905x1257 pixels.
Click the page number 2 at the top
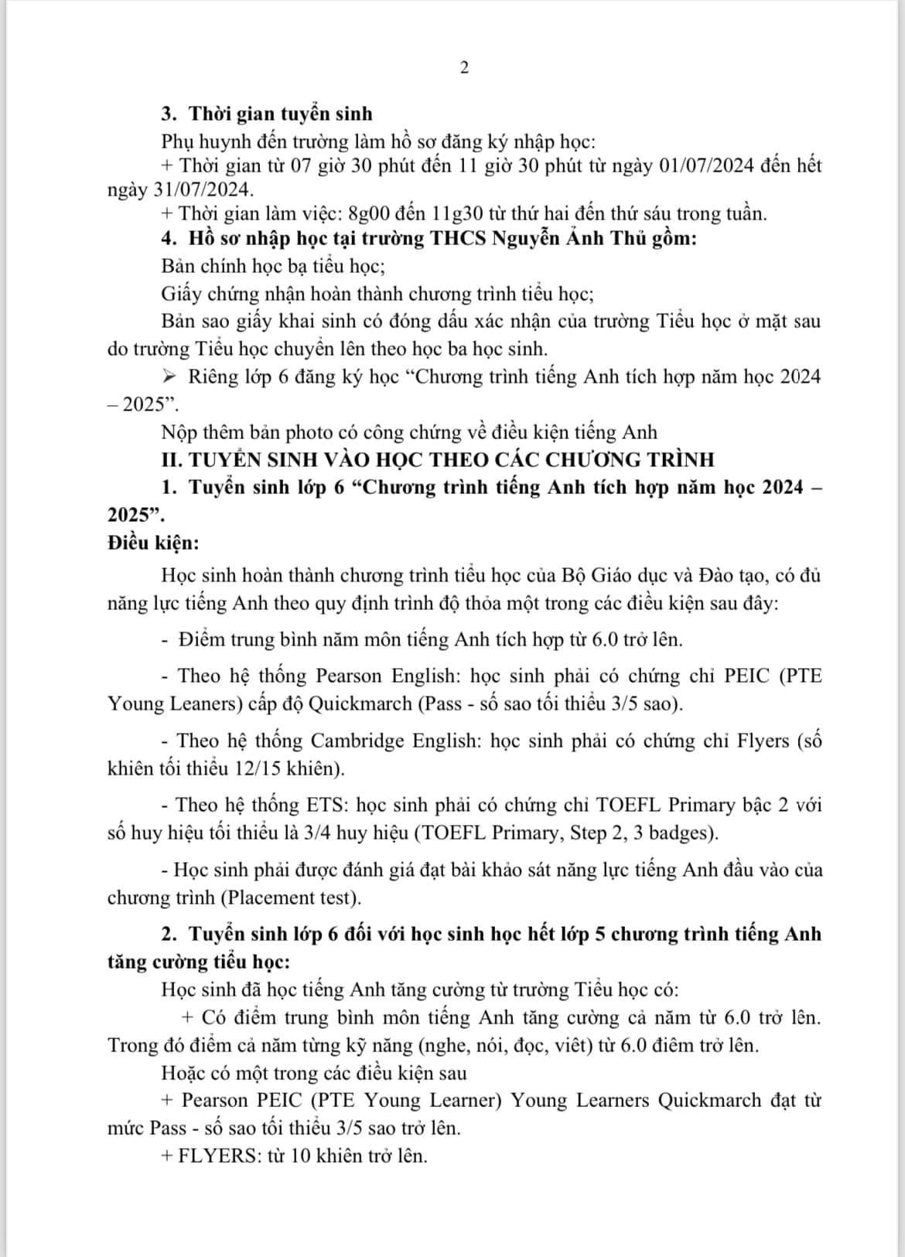[464, 68]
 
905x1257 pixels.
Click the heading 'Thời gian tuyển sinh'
[281, 114]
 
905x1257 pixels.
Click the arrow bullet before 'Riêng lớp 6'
[171, 377]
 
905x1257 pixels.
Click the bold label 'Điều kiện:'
[153, 543]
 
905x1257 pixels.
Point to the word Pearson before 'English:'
[349, 676]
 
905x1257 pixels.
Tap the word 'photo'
[293, 431]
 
